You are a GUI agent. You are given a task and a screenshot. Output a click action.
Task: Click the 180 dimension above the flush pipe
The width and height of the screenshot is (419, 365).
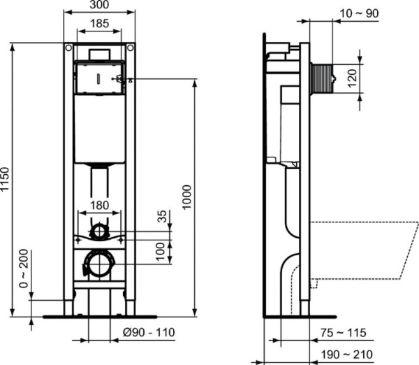point(99,205)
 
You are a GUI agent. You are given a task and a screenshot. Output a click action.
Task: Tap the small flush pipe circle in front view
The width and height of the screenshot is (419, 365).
point(99,231)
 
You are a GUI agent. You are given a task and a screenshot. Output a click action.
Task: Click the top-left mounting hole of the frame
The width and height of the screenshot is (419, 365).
point(68,48)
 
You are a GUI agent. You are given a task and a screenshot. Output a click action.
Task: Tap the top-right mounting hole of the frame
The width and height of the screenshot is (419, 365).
point(130,48)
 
